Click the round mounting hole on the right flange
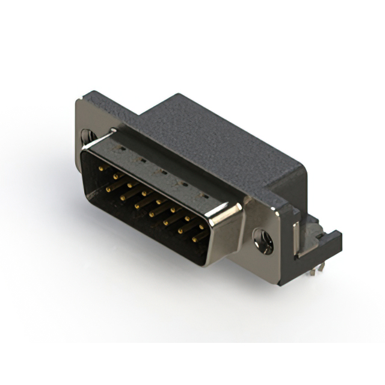coord(263,241)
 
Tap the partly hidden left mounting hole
coord(87,137)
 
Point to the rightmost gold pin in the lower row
coord(197,238)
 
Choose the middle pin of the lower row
coord(153,213)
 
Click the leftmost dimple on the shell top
coord(120,146)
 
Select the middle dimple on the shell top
coord(162,171)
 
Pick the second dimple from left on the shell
coord(140,158)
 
